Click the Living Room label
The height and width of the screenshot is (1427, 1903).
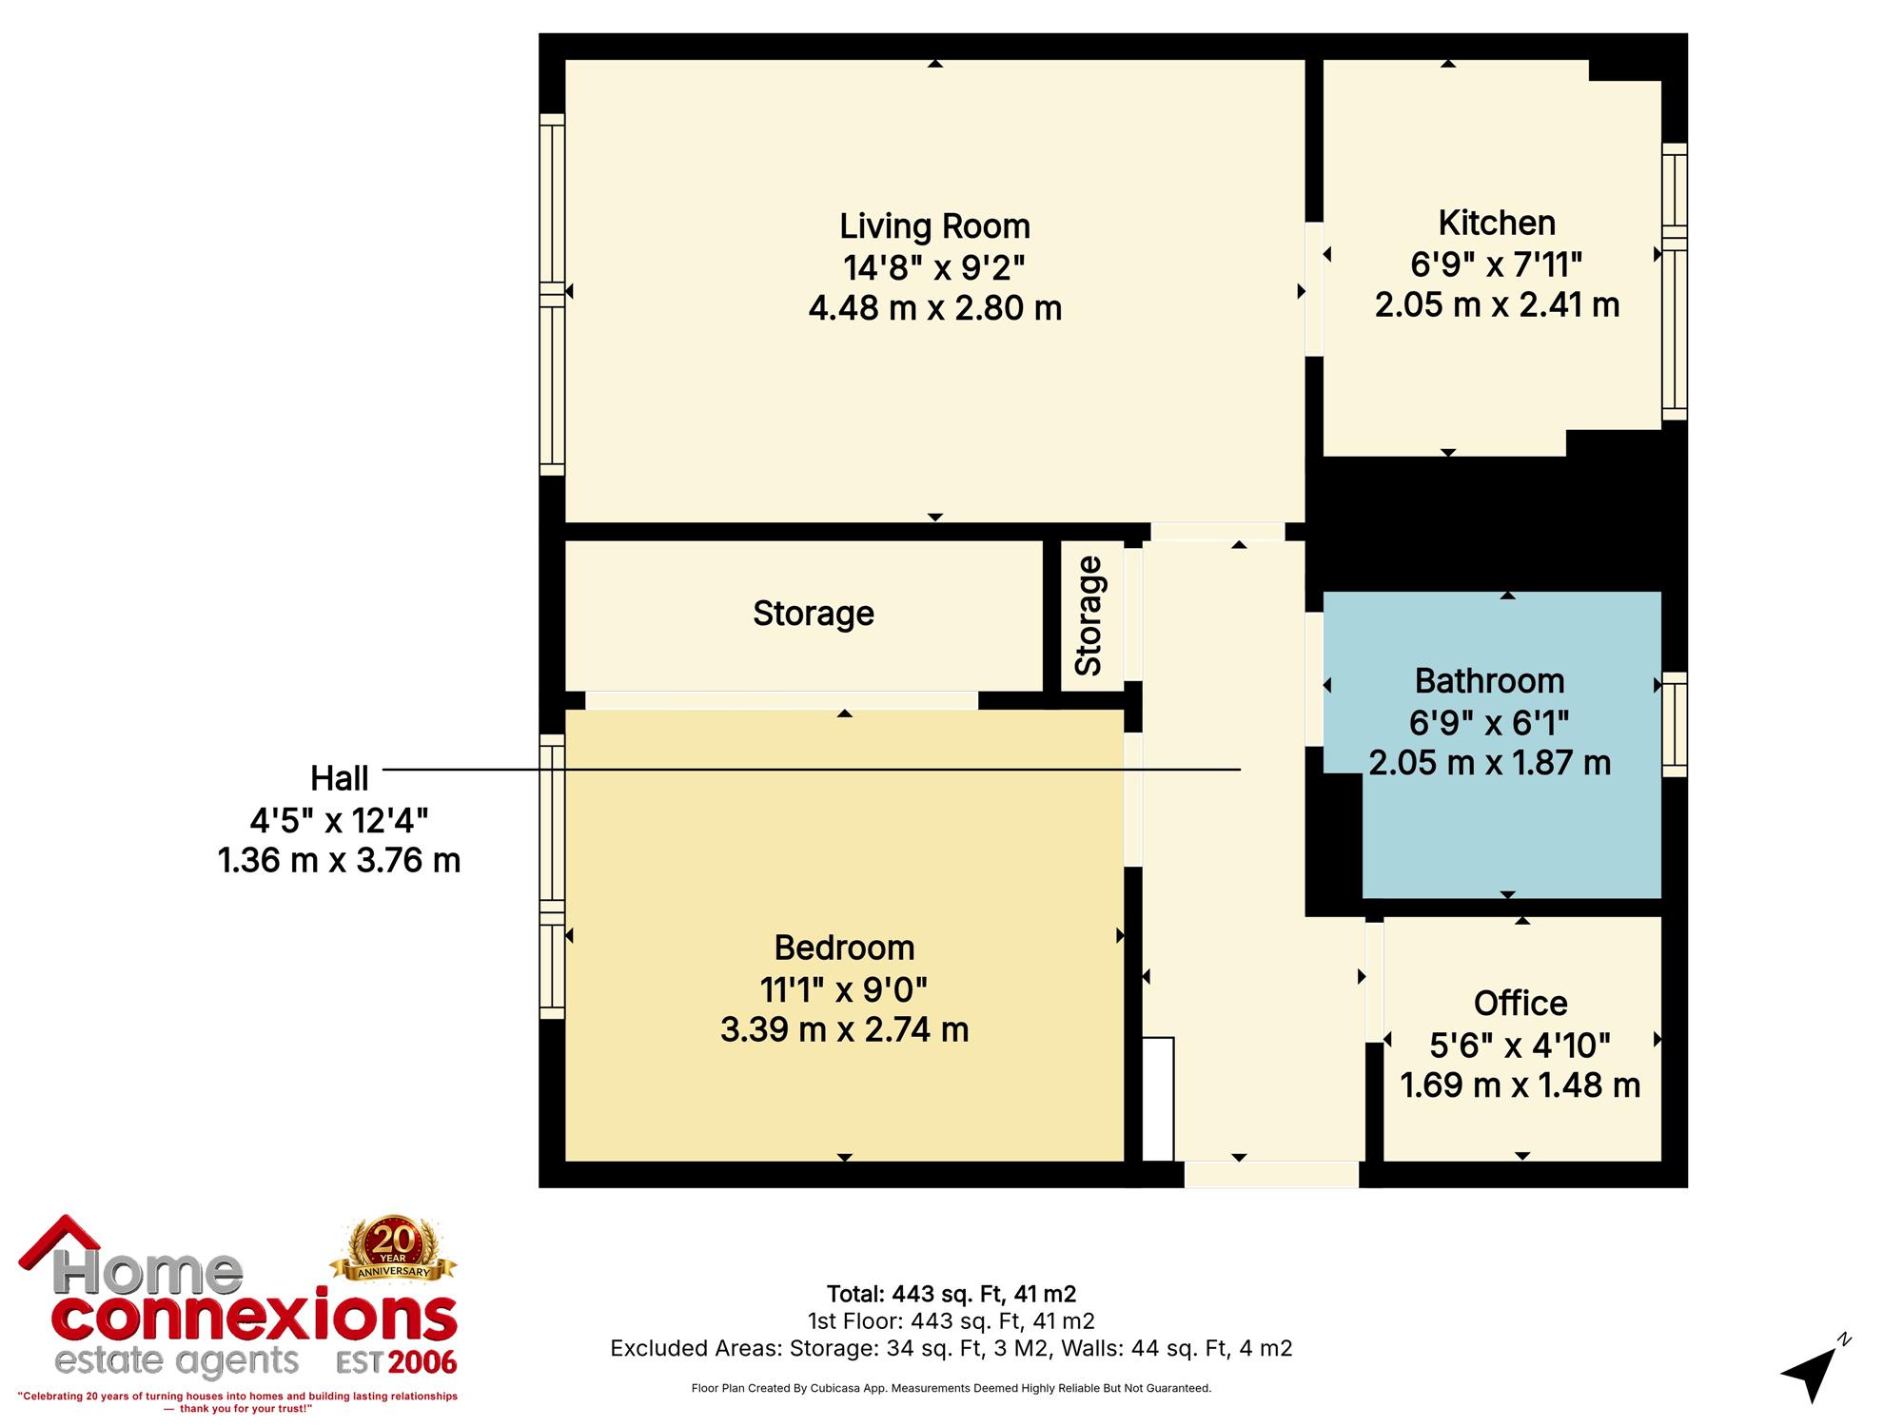pyautogui.click(x=934, y=227)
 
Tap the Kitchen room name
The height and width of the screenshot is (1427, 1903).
pyautogui.click(x=1497, y=224)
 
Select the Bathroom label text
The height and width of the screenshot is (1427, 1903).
pyautogui.click(x=1489, y=681)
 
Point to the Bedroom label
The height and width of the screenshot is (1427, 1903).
pyautogui.click(x=844, y=948)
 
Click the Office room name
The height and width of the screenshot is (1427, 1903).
pyautogui.click(x=1520, y=1004)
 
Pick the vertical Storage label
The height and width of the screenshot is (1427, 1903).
pyautogui.click(x=1089, y=616)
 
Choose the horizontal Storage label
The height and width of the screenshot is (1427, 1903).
pyautogui.click(x=814, y=614)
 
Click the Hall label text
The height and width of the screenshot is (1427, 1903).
pyautogui.click(x=340, y=779)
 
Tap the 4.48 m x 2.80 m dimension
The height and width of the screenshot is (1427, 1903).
pyautogui.click(x=934, y=309)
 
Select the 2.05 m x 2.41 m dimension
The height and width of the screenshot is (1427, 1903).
pyautogui.click(x=1497, y=305)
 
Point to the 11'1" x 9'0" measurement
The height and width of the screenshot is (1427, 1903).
pyautogui.click(x=844, y=990)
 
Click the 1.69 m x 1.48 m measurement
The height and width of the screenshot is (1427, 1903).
pyautogui.click(x=1520, y=1085)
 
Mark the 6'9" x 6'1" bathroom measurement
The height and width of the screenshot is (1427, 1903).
pyautogui.click(x=1489, y=723)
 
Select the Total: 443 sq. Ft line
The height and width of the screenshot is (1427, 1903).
pyautogui.click(x=951, y=1294)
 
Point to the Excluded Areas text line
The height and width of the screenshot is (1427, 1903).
pyautogui.click(x=951, y=1348)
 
